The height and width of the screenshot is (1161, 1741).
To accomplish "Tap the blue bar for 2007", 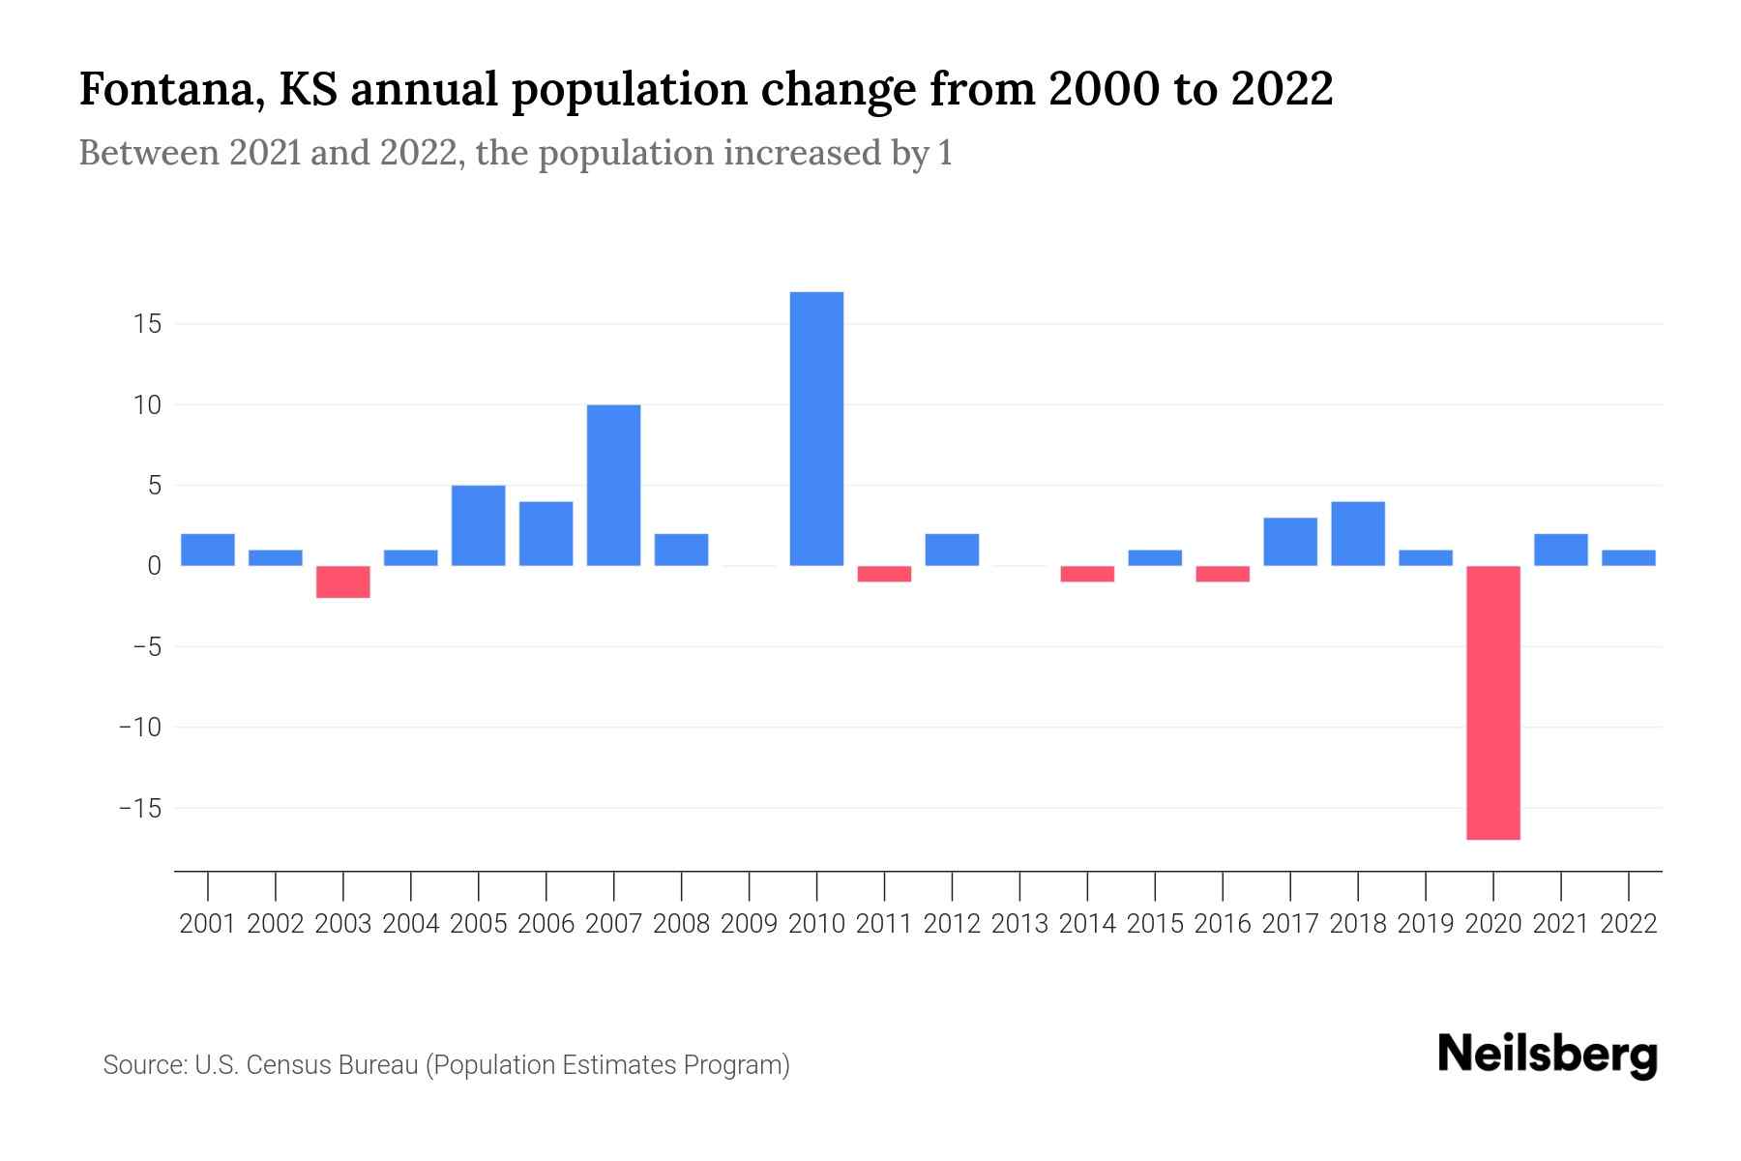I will pyautogui.click(x=613, y=485).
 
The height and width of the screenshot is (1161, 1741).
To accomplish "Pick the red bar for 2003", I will pyautogui.click(x=343, y=581).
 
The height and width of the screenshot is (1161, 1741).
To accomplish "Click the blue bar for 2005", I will pyautogui.click(x=478, y=525).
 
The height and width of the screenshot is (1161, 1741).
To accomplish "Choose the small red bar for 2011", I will pyautogui.click(x=884, y=574).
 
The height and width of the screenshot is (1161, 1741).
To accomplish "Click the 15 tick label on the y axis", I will pyautogui.click(x=147, y=324).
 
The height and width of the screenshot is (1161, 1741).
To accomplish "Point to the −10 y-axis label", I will pyautogui.click(x=139, y=727).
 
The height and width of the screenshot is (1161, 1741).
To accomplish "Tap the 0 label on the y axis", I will pyautogui.click(x=154, y=566).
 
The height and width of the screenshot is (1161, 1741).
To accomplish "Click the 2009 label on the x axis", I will pyautogui.click(x=749, y=924).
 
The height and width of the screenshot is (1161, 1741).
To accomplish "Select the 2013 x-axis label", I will pyautogui.click(x=1019, y=924).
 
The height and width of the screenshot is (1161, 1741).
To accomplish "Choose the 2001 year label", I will pyautogui.click(x=208, y=924).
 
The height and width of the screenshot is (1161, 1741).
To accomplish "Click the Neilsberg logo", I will pyautogui.click(x=1548, y=1055).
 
